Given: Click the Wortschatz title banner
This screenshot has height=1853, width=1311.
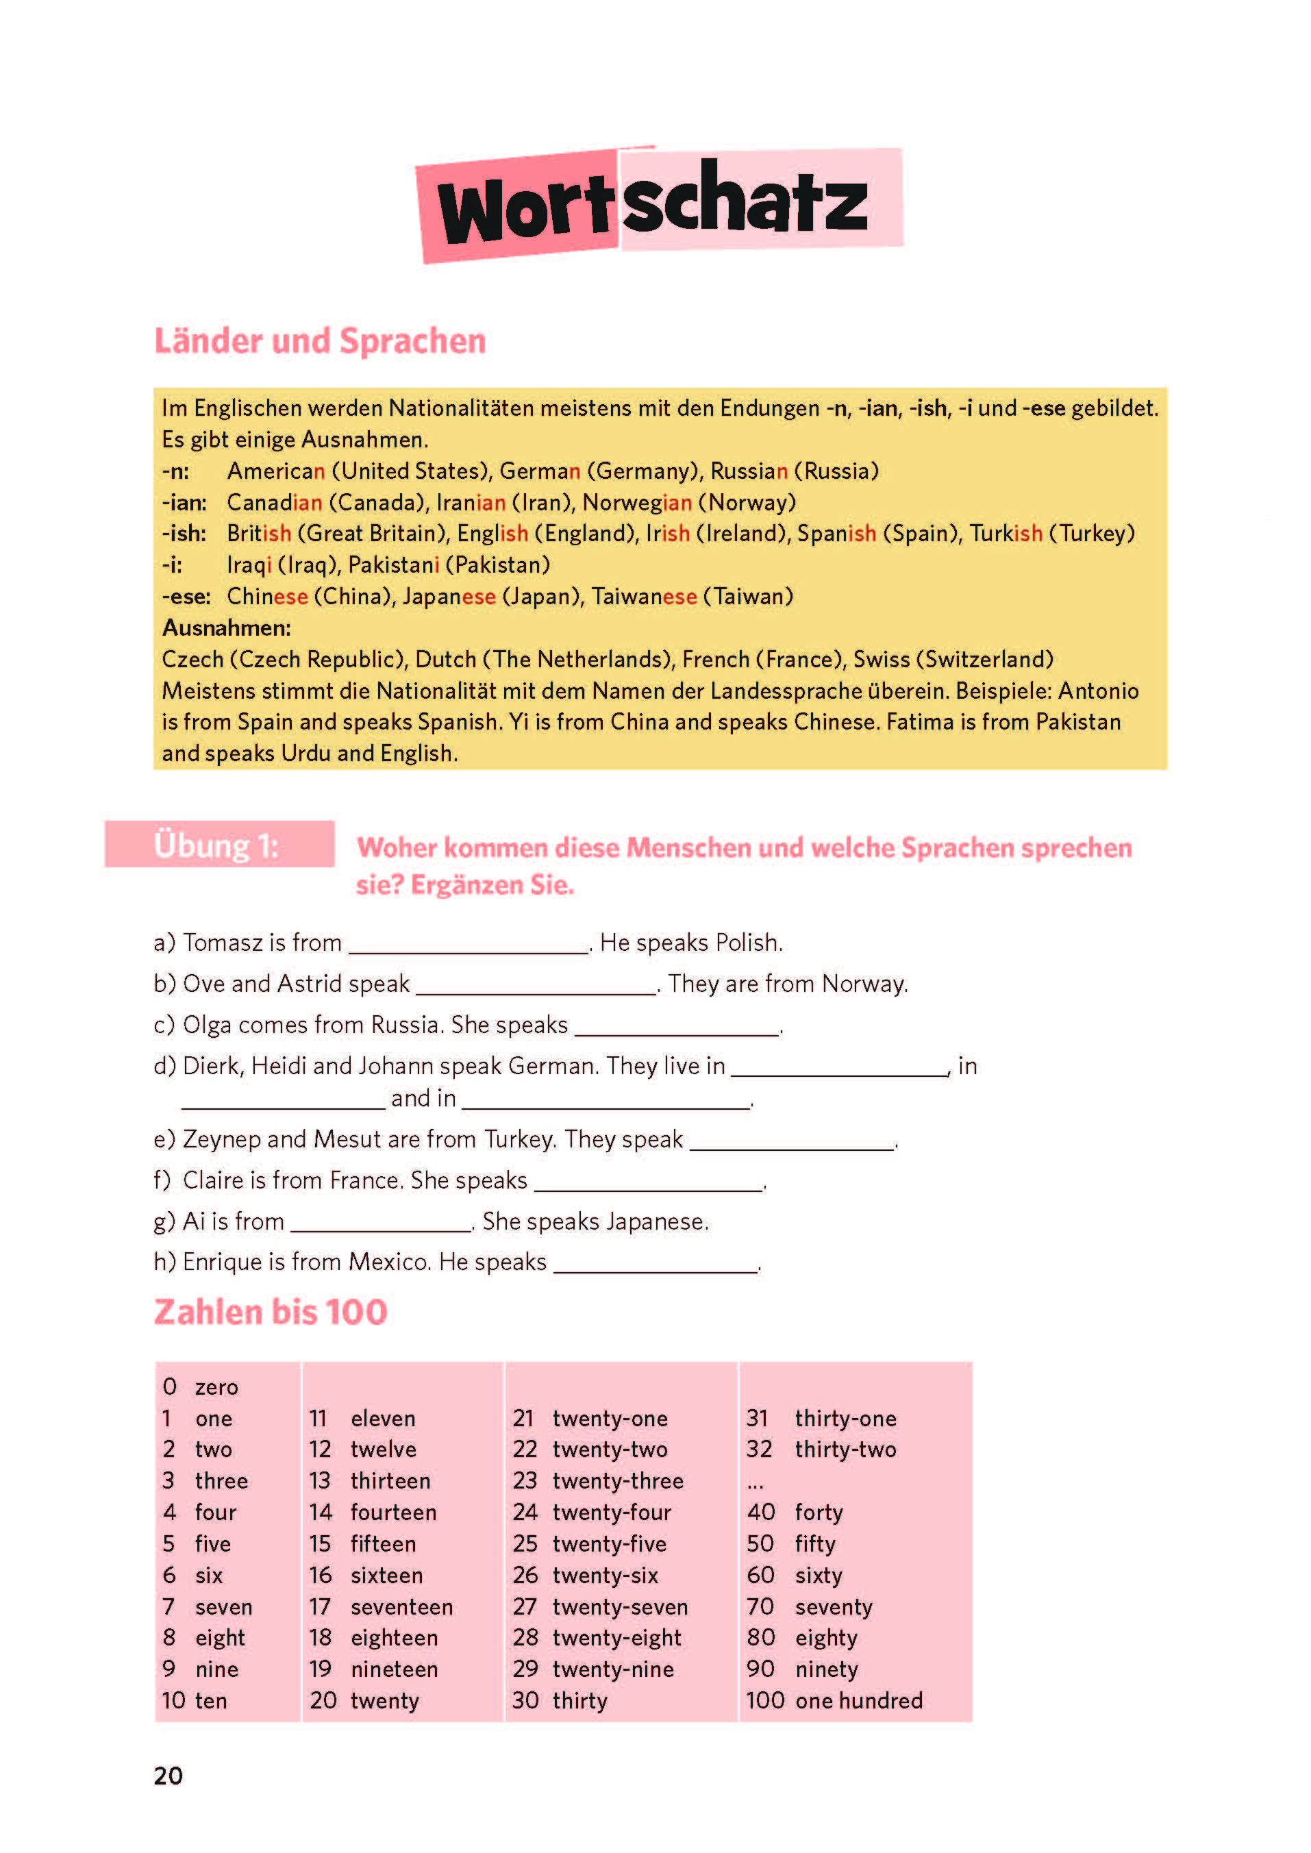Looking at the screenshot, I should (658, 203).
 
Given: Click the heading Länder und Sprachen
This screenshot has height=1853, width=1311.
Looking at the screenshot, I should (320, 340).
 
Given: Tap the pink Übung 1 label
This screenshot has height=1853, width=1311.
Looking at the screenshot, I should (218, 845).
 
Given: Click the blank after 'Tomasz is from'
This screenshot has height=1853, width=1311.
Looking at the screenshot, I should (469, 945).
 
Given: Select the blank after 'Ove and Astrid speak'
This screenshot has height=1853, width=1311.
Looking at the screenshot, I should (535, 986).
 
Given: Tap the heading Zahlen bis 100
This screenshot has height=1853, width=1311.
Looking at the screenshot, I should (271, 1313).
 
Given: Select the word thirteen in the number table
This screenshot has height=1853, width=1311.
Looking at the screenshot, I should (390, 1481).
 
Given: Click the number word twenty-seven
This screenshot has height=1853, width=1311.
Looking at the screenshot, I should (620, 1607).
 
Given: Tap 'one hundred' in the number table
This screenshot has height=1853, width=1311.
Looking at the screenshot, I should (858, 1701).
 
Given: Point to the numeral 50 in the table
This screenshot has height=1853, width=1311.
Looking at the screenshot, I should (760, 1544).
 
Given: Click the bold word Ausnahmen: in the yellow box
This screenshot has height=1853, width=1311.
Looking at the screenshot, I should (226, 627).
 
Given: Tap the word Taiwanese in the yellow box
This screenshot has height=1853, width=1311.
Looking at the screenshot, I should (643, 597).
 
